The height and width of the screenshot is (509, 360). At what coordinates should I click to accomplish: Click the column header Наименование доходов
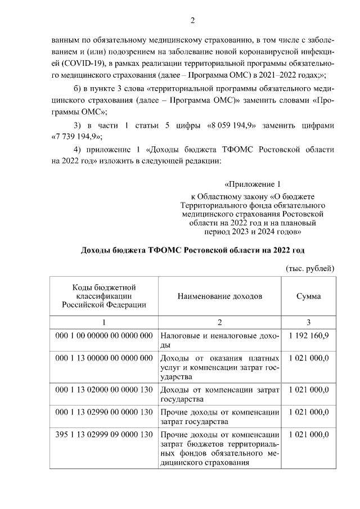[220, 296]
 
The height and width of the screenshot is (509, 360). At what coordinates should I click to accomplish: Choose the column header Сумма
[308, 296]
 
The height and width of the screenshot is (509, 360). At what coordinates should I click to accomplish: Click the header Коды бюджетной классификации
[103, 296]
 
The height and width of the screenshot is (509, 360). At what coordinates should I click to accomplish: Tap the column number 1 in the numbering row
[103, 322]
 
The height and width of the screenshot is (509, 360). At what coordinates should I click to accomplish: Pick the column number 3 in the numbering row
[308, 322]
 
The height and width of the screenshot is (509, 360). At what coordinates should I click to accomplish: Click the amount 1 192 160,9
[308, 336]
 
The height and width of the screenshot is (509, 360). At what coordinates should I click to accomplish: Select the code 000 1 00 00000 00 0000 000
[104, 336]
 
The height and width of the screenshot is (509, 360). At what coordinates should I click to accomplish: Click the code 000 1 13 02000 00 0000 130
[104, 389]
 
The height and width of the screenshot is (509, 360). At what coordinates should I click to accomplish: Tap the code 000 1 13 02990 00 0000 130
[104, 412]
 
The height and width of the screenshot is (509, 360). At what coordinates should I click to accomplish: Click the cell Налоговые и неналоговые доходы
[220, 341]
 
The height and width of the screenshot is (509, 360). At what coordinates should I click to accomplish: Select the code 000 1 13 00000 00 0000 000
[104, 358]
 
